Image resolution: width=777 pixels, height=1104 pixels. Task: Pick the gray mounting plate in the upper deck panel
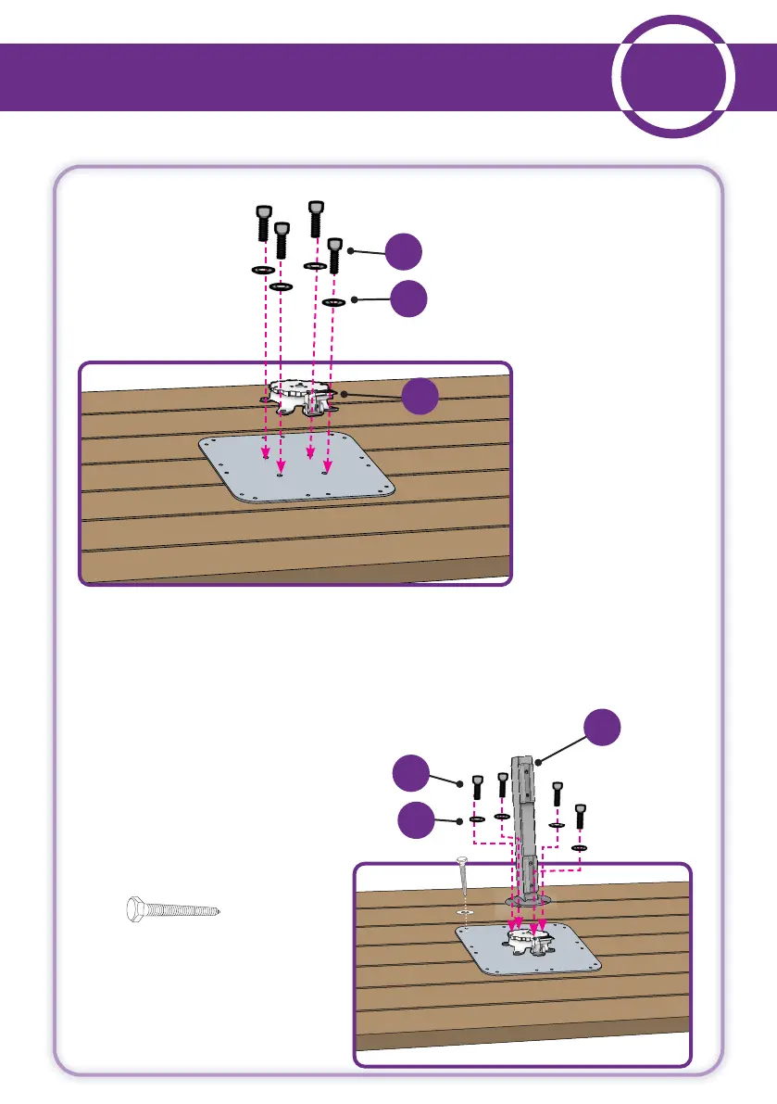click(x=296, y=467)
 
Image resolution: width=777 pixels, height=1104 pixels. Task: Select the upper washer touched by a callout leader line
click(x=333, y=302)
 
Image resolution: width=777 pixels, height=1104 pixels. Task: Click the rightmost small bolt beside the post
click(x=581, y=818)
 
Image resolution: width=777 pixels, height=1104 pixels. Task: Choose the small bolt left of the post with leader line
click(x=477, y=789)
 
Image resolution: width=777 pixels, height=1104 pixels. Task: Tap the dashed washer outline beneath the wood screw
click(x=466, y=912)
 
